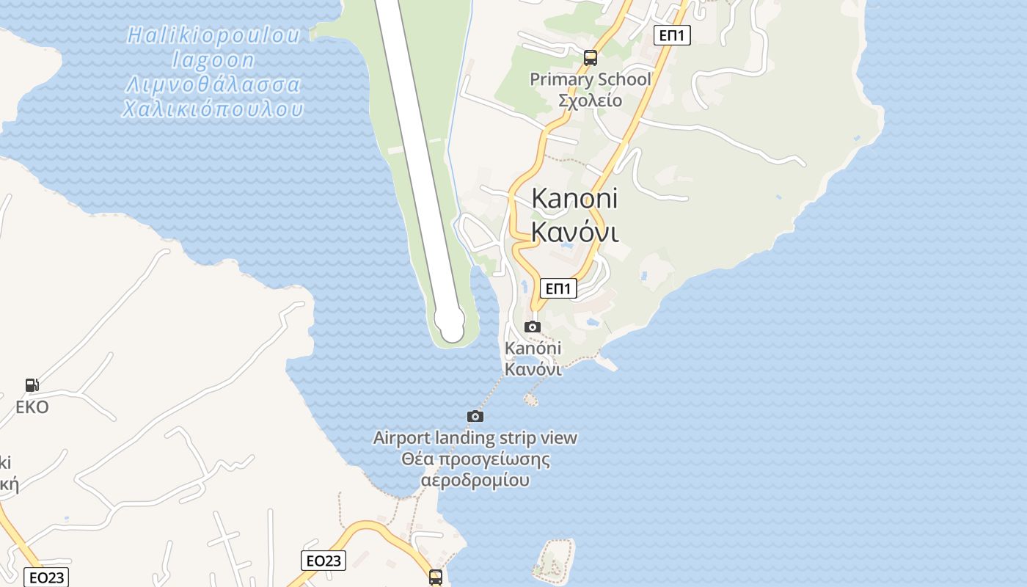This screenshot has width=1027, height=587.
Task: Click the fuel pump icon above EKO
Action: [x=32, y=384]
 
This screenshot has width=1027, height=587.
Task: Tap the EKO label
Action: [x=32, y=407]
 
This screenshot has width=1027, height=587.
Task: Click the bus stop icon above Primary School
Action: [x=591, y=57]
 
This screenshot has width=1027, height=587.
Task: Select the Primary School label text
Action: [x=590, y=79]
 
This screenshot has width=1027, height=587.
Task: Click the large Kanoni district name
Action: [x=574, y=198]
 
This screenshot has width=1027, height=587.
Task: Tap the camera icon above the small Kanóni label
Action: [x=533, y=327]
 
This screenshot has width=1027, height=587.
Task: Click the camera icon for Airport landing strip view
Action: [x=475, y=416]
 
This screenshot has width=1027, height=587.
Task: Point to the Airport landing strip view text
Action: [x=475, y=438]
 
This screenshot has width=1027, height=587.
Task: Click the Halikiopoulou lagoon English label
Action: [x=213, y=47]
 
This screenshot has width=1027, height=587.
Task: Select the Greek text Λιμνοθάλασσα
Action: [x=213, y=85]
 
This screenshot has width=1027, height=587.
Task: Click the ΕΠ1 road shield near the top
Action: [x=672, y=34]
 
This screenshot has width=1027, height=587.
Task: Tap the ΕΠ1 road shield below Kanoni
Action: [x=558, y=288]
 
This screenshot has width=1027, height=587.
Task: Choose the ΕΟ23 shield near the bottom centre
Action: [x=324, y=561]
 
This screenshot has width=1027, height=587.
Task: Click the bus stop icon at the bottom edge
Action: [x=436, y=577]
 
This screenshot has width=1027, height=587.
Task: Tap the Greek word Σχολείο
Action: [x=590, y=101]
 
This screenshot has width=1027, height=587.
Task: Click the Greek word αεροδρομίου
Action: [x=475, y=481]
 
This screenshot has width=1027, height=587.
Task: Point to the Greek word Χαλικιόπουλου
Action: [x=213, y=110]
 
